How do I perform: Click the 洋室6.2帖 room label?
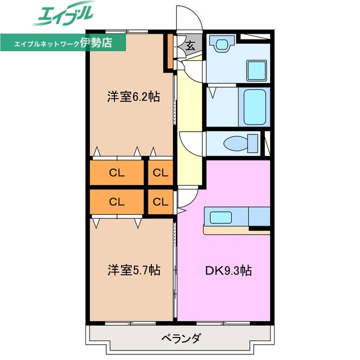click(133, 97)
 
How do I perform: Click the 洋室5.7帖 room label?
click(133, 271)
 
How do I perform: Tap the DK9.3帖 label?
click(227, 271)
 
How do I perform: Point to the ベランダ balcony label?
click(181, 339)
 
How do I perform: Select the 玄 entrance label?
click(190, 46)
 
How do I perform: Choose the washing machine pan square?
click(258, 70)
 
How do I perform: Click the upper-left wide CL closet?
click(116, 173)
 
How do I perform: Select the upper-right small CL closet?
click(160, 173)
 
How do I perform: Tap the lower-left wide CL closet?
click(116, 201)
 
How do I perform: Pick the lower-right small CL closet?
click(160, 201)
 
